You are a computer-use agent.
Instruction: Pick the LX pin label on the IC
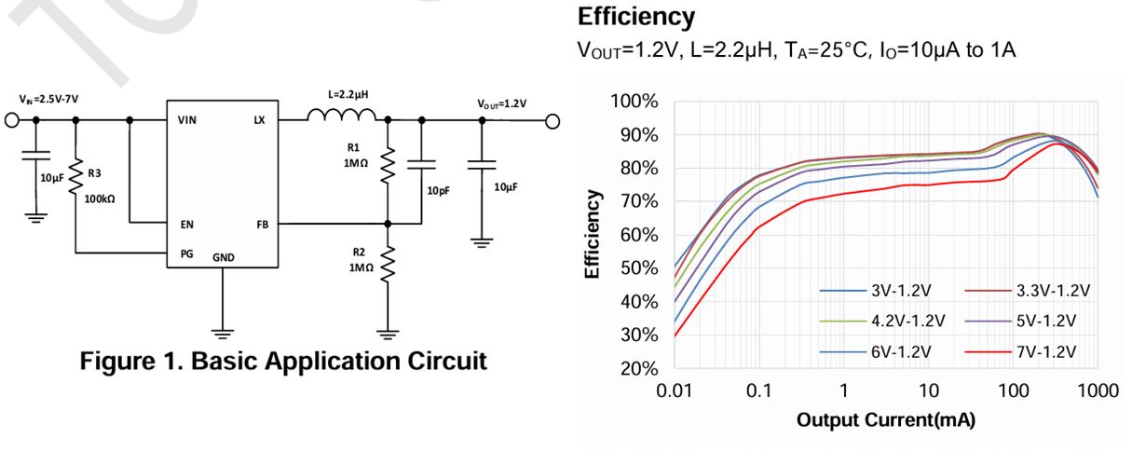coord(259,120)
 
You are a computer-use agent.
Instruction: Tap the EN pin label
coord(186,224)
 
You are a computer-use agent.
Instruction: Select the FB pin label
coord(261,224)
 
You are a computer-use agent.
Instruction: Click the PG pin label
coord(185,253)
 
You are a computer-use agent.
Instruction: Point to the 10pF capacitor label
coord(439,190)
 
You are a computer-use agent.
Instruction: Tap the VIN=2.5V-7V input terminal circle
coord(13,120)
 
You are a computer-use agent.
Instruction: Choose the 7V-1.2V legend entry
coord(1042,351)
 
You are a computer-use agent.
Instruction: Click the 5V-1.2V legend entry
coord(1042,321)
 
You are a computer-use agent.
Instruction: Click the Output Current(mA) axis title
coord(885,420)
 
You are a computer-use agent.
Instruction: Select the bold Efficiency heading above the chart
coord(636,17)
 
